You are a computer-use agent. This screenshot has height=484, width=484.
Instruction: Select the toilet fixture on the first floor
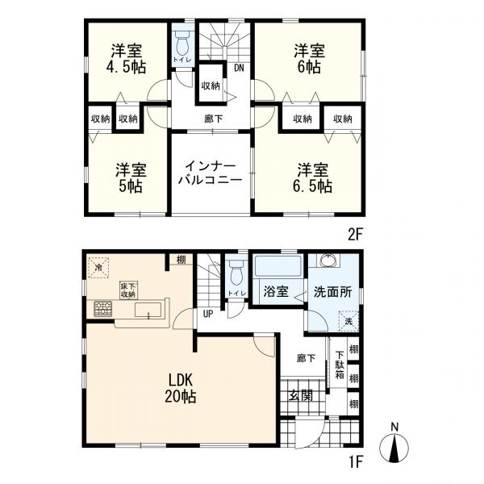point(237,272)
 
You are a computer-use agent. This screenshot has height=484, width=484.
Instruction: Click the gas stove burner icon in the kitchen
point(103,309)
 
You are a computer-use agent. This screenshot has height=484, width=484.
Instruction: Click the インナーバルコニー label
point(211,173)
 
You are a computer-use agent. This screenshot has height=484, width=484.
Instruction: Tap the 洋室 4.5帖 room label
point(127,59)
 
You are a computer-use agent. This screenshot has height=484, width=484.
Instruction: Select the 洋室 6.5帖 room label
point(313,178)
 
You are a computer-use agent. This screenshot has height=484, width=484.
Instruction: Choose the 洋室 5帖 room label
point(131,178)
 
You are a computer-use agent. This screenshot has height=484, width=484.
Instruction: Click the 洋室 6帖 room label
point(309,59)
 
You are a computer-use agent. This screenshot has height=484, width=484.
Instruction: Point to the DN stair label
point(239,68)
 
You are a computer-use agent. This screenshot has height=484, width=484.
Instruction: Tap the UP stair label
point(208,314)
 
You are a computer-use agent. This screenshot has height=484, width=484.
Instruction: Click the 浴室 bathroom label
point(276,291)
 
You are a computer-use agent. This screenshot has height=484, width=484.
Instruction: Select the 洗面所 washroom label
point(332,292)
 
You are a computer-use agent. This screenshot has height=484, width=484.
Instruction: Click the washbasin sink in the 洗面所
point(330,261)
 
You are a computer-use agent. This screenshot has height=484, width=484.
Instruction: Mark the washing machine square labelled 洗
point(348,321)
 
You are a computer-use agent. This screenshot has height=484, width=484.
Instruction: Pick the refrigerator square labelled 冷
point(98,267)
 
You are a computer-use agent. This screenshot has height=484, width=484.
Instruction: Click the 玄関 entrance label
point(301,395)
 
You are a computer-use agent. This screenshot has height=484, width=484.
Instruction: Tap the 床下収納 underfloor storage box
point(128,290)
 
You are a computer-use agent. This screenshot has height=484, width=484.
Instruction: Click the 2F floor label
point(355,236)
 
